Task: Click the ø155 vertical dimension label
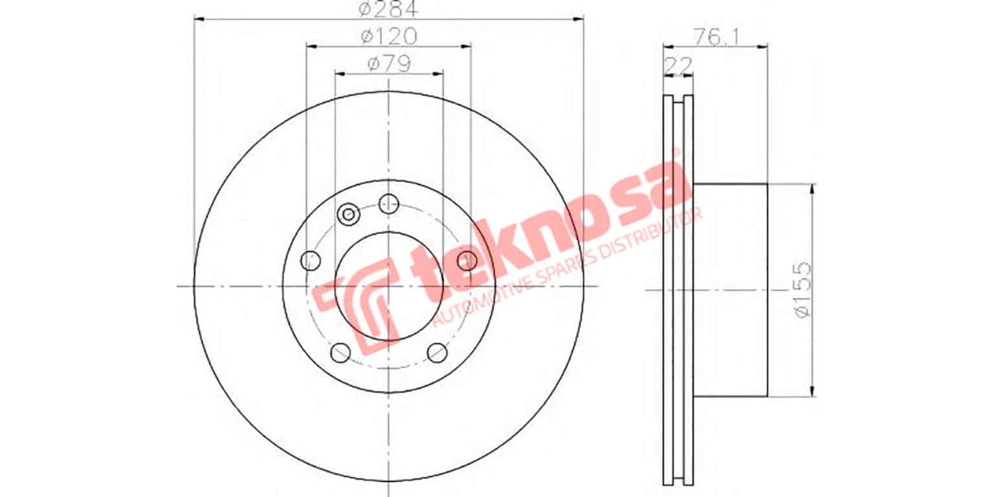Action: point(800,289)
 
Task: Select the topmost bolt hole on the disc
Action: point(388,203)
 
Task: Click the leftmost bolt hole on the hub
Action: point(311,260)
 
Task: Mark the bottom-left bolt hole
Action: point(340,353)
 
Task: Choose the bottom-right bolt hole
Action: point(437,353)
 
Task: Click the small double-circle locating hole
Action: point(349,215)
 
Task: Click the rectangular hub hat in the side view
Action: point(729,289)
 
